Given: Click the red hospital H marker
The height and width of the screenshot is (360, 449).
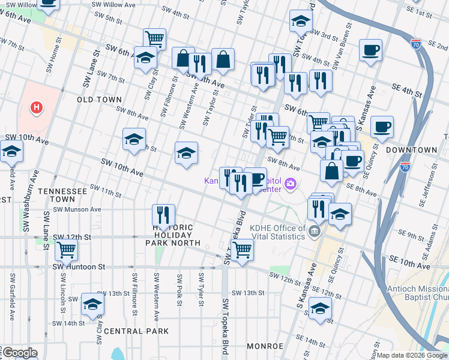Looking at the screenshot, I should pyautogui.click(x=37, y=108).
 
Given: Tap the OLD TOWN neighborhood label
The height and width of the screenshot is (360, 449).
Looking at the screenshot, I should pyautogui.click(x=99, y=100).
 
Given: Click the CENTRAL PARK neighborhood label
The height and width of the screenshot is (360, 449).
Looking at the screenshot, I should pyautogui.click(x=132, y=331).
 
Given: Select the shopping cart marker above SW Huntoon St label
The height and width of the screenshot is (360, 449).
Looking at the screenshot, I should pyautogui.click(x=65, y=248).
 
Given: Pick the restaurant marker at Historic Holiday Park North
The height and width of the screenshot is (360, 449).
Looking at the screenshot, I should pyautogui.click(x=163, y=215).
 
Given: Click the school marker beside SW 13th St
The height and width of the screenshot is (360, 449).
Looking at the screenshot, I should pyautogui.click(x=92, y=305).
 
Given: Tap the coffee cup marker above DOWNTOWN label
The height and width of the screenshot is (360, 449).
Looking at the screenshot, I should pyautogui.click(x=382, y=127).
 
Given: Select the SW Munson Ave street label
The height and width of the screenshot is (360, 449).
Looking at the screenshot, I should pyautogui.click(x=77, y=209).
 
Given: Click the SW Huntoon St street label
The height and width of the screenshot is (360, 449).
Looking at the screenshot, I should pyautogui.click(x=79, y=266).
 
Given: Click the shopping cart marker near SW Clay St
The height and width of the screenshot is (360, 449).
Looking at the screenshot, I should pyautogui.click(x=154, y=40).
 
